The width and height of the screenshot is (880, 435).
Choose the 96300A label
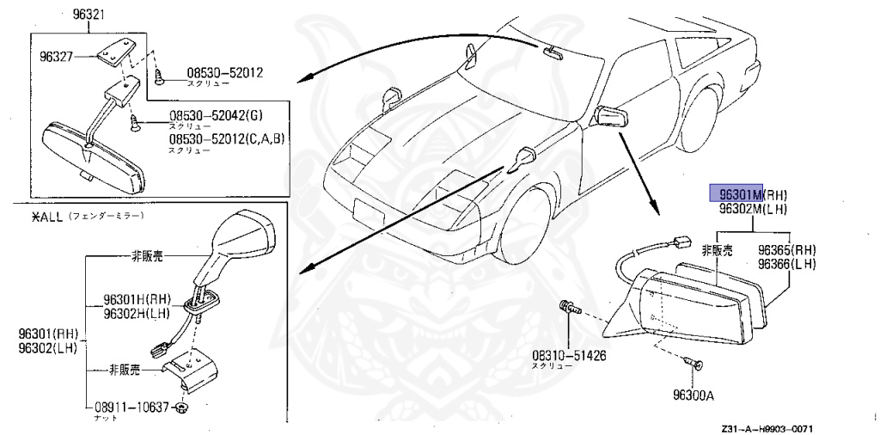(x=695, y=397)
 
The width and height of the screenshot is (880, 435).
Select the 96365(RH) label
(x=785, y=250)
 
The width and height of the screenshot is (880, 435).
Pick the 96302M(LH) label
(x=754, y=209)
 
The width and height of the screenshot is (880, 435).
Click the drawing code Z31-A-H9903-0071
(x=767, y=427)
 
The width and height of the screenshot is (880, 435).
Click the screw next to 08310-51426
(x=569, y=307)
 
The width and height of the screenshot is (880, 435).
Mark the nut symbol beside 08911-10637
(x=182, y=407)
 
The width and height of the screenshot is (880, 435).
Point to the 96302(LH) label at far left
(x=48, y=346)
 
